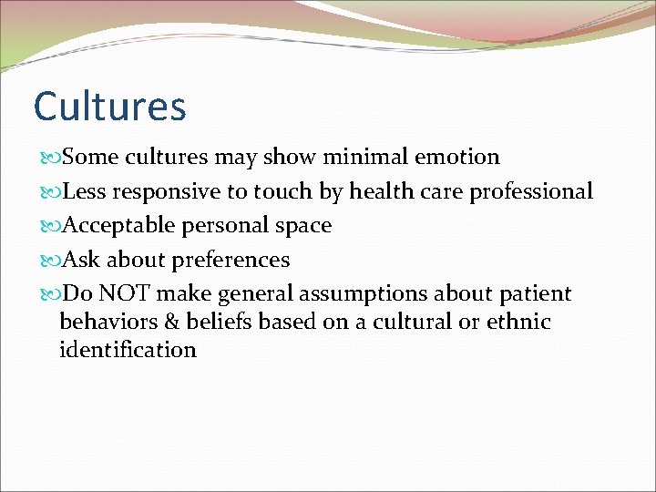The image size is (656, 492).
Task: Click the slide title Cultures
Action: (x=109, y=106)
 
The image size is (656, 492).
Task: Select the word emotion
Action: (x=457, y=158)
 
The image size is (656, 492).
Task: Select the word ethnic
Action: (x=517, y=322)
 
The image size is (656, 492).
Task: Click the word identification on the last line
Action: (x=128, y=350)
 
